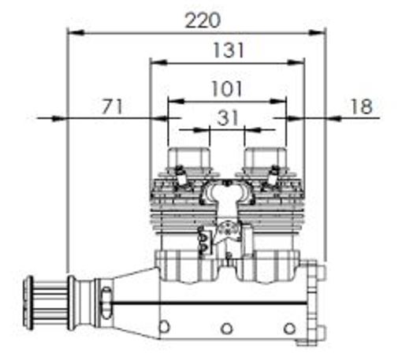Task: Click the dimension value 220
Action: click(x=203, y=20)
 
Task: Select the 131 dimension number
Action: click(x=229, y=50)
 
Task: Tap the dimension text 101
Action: click(x=227, y=89)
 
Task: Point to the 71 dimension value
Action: click(x=113, y=106)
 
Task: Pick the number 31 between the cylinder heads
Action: click(x=227, y=118)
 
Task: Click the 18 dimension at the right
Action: click(x=362, y=106)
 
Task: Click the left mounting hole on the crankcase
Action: click(x=164, y=327)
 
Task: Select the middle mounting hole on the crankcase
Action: click(x=226, y=328)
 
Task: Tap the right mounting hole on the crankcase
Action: click(x=289, y=328)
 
